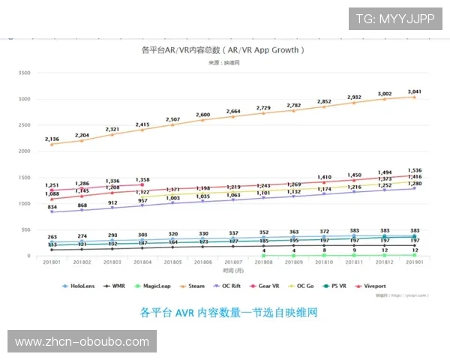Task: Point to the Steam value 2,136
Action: (52, 139)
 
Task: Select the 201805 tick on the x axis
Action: (173, 262)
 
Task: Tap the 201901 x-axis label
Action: (415, 262)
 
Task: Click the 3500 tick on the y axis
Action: (24, 73)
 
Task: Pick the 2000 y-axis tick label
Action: (24, 151)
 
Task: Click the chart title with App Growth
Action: (223, 50)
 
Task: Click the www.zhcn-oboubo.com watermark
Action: (82, 342)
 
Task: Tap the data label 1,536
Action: (414, 170)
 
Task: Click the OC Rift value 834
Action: (52, 206)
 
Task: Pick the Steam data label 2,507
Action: (173, 119)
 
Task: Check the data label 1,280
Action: (414, 183)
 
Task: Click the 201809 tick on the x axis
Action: (294, 262)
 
